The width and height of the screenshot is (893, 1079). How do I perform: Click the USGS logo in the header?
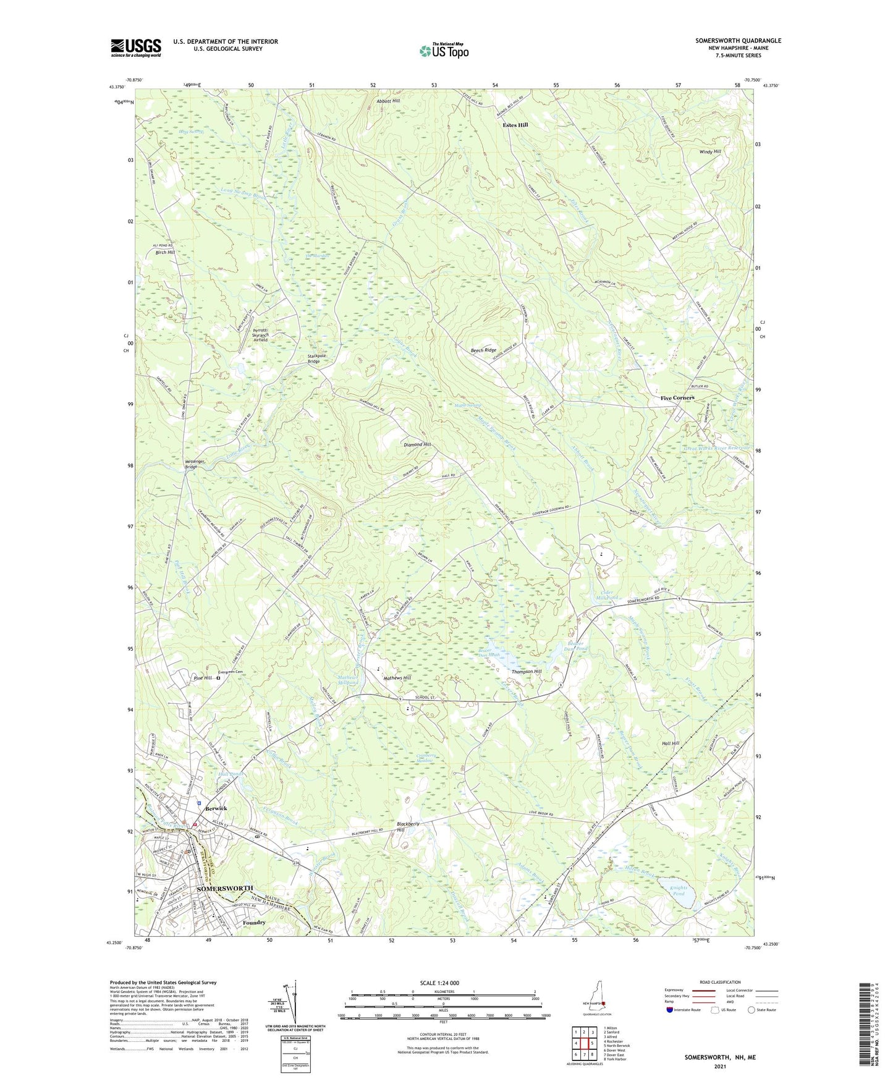[x=135, y=48]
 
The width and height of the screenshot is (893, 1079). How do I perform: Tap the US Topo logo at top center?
[x=444, y=50]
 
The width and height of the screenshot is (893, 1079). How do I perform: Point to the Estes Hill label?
[x=515, y=125]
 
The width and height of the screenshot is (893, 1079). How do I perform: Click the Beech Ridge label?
[x=483, y=350]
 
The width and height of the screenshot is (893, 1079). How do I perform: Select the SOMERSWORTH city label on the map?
[x=226, y=889]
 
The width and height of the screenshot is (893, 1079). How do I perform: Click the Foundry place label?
[x=254, y=923]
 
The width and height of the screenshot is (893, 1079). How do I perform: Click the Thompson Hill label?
[x=526, y=672]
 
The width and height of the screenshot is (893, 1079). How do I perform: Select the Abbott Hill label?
[x=388, y=101]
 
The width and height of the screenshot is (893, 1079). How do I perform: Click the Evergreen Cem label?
[x=231, y=672]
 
